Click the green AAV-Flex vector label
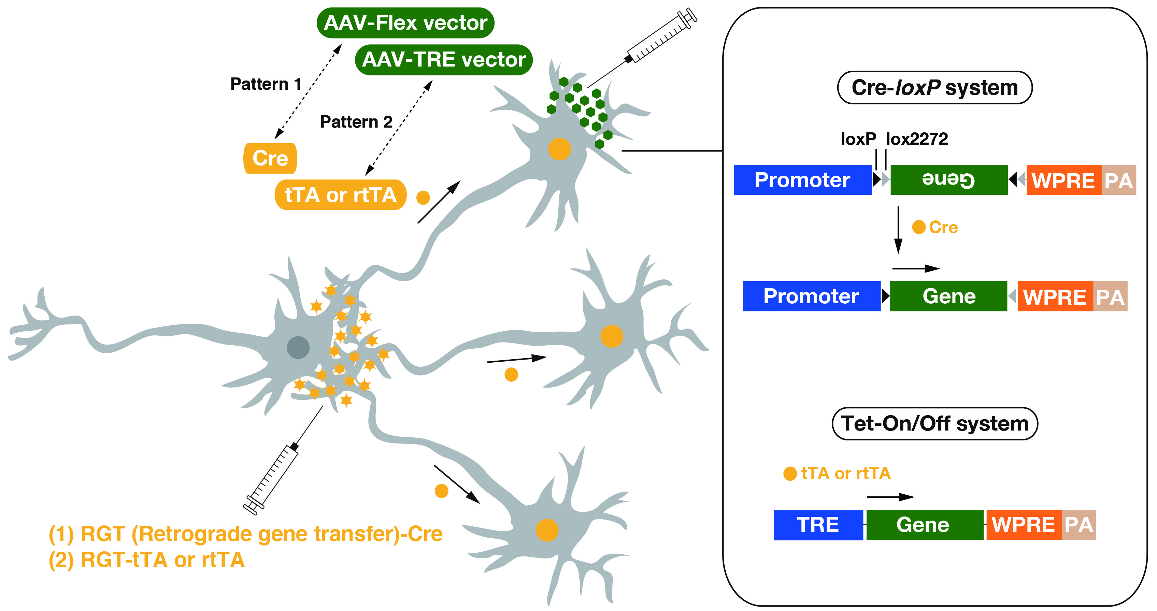pyautogui.click(x=405, y=23)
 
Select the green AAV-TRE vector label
pyautogui.click(x=443, y=60)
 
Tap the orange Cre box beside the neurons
pyautogui.click(x=270, y=158)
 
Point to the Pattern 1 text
pyautogui.click(x=266, y=84)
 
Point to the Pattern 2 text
pyautogui.click(x=356, y=122)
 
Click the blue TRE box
pyautogui.click(x=818, y=524)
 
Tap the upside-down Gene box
pyautogui.click(x=948, y=179)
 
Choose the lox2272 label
pyautogui.click(x=916, y=139)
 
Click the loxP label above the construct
pyautogui.click(x=858, y=139)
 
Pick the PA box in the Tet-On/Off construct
pyautogui.click(x=1079, y=524)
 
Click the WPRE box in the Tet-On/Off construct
pyautogui.click(x=1023, y=524)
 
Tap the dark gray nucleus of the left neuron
pyautogui.click(x=298, y=347)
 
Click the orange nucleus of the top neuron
pyautogui.click(x=559, y=149)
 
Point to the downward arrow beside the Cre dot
pyautogui.click(x=898, y=230)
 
